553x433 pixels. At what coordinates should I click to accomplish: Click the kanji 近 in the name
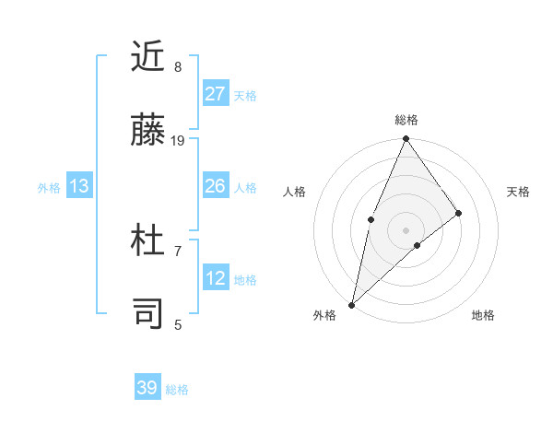pyautogui.click(x=147, y=57)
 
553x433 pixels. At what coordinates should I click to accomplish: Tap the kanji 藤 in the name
pyautogui.click(x=147, y=132)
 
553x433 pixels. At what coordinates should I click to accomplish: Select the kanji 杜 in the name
pyautogui.click(x=147, y=241)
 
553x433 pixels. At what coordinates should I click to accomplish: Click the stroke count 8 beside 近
pyautogui.click(x=178, y=66)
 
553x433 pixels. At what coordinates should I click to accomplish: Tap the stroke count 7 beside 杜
pyautogui.click(x=178, y=251)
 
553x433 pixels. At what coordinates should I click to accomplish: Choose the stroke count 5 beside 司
pyautogui.click(x=178, y=324)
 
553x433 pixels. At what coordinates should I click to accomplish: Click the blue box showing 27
pyautogui.click(x=216, y=93)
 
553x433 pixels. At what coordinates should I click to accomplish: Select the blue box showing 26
pyautogui.click(x=216, y=186)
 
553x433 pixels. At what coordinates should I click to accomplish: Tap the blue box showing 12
pyautogui.click(x=216, y=278)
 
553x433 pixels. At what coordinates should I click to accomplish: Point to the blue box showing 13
pyautogui.click(x=79, y=186)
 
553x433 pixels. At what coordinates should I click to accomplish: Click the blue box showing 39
pyautogui.click(x=147, y=388)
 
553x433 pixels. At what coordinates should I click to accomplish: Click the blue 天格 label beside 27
pyautogui.click(x=245, y=95)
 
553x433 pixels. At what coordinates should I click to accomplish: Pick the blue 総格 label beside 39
pyautogui.click(x=177, y=390)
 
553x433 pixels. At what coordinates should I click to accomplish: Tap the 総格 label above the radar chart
pyautogui.click(x=406, y=120)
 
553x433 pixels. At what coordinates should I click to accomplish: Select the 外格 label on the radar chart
pyautogui.click(x=324, y=315)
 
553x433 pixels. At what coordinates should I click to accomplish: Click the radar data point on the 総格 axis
pyautogui.click(x=406, y=139)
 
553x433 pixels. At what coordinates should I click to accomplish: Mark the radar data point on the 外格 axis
pyautogui.click(x=351, y=304)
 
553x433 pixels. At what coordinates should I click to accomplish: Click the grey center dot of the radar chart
pyautogui.click(x=406, y=229)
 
